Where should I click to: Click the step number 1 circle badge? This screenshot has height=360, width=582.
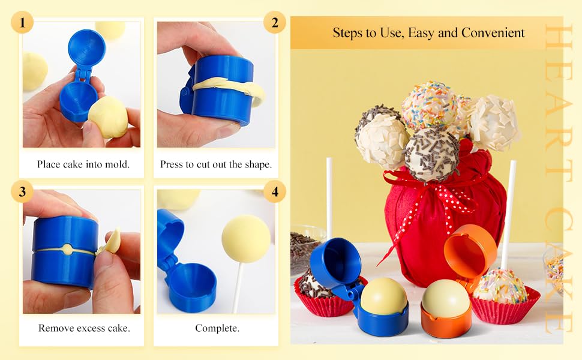(x=22, y=22)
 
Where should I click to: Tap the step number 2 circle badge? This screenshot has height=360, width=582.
(x=275, y=22)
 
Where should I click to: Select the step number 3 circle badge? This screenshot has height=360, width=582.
(x=22, y=191)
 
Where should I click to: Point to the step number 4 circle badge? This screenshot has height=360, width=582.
(x=275, y=191)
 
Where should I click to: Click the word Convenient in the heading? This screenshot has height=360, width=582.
(x=493, y=33)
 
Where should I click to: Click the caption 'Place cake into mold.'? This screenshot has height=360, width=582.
(x=83, y=164)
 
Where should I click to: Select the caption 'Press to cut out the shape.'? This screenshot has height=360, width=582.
(x=216, y=164)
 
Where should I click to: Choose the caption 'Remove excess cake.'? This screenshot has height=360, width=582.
(x=84, y=328)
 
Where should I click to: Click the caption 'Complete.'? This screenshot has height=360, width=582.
(x=217, y=328)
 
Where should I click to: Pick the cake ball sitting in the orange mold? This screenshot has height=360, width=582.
(x=446, y=298)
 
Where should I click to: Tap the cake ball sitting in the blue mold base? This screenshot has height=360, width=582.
(x=383, y=296)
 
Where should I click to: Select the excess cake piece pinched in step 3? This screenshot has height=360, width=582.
(x=110, y=241)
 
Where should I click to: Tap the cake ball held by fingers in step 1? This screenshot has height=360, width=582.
(x=108, y=117)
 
